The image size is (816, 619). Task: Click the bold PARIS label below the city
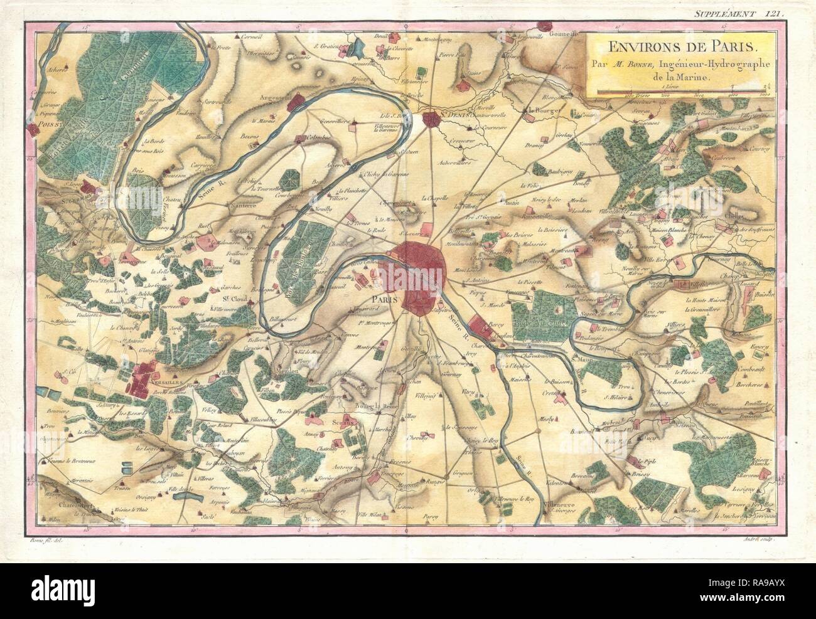tap(386, 300)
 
